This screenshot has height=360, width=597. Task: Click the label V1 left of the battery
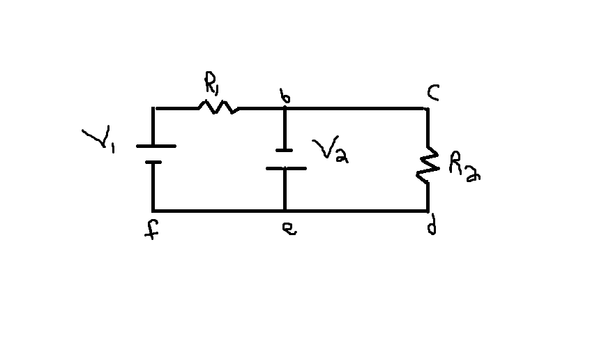pos(98,140)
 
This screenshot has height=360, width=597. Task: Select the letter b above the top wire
pos(285,97)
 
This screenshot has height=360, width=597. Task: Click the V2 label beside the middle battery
pos(330,150)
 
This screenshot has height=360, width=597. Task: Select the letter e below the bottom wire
pos(288,229)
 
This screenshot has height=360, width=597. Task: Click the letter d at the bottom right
pos(432,227)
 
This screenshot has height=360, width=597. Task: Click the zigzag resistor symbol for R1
pos(218,107)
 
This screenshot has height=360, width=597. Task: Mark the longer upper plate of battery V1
pos(155,146)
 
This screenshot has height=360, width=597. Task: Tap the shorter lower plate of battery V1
pos(153,162)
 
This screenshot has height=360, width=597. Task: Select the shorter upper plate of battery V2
pos(285,149)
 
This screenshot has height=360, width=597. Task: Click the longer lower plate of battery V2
pos(285,168)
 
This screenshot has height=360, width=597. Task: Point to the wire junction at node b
pos(285,109)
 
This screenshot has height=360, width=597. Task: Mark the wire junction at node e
pos(285,210)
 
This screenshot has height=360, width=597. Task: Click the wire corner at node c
pos(426,109)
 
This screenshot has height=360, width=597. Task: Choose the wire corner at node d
pos(427,209)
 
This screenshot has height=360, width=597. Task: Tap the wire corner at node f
pos(153,210)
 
